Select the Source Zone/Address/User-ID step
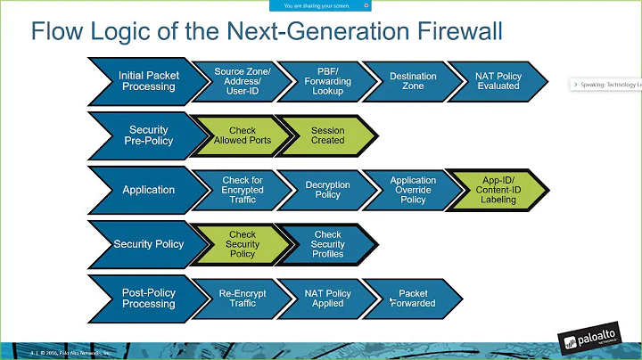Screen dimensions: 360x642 click(243, 82)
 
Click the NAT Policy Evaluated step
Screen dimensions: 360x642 click(498, 82)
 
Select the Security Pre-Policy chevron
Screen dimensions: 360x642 click(147, 135)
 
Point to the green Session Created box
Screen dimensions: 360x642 click(327, 135)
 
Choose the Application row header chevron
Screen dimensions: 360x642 click(147, 189)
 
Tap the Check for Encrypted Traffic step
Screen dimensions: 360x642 click(243, 189)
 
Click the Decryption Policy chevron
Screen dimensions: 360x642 click(327, 189)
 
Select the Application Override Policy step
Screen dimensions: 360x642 click(413, 189)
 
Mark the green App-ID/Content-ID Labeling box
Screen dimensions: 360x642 click(498, 189)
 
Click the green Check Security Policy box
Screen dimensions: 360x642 click(243, 244)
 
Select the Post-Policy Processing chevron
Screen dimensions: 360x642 click(147, 298)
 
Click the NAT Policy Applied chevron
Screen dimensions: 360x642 click(327, 298)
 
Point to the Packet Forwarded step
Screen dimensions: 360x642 click(413, 298)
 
